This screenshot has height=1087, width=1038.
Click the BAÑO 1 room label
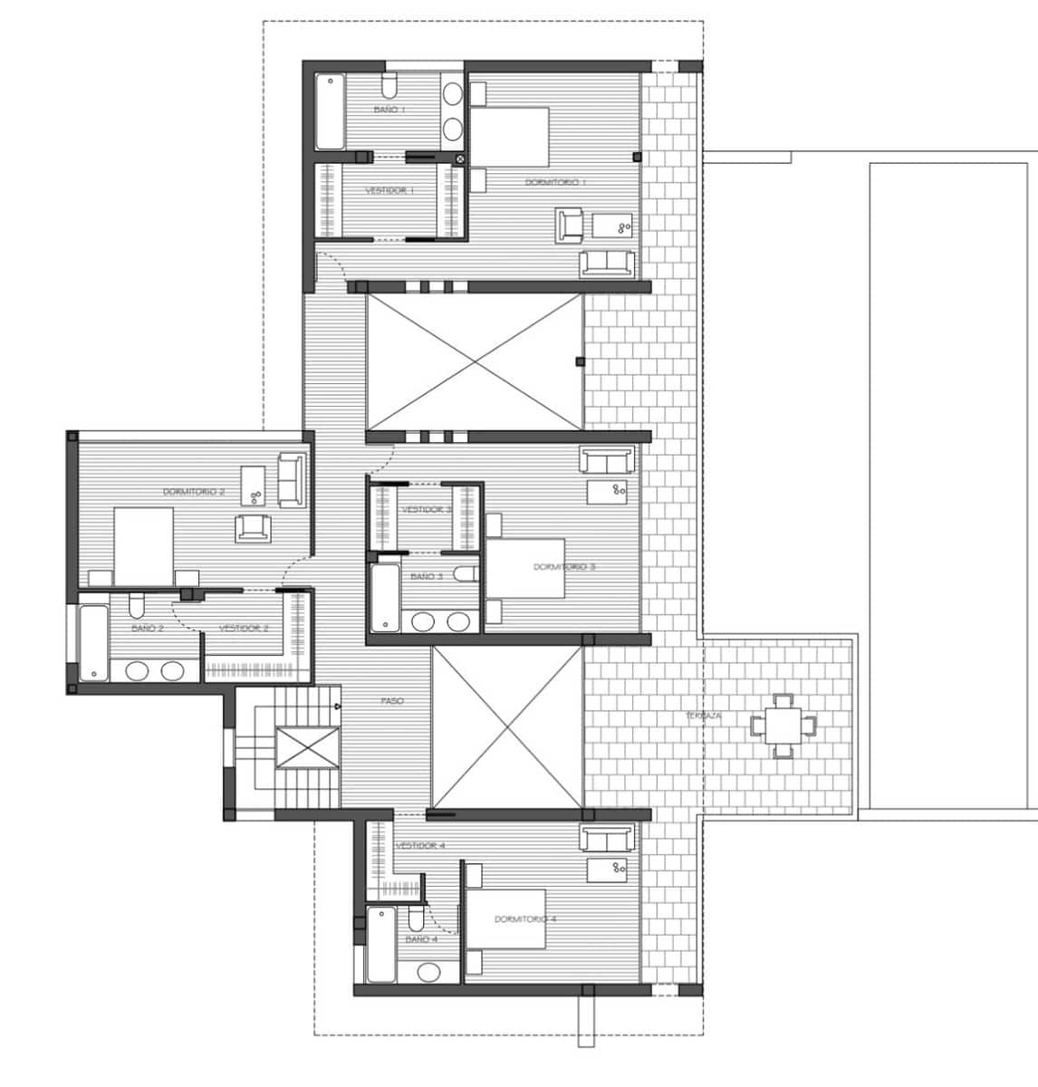[x=389, y=110]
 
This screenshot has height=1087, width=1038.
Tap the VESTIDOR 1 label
[x=389, y=191]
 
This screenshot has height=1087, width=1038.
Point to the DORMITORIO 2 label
[x=194, y=492]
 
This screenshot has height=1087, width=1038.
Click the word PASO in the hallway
[x=392, y=701]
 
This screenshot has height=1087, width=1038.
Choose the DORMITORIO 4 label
[x=525, y=919]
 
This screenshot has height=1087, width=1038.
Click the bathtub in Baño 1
[x=331, y=111]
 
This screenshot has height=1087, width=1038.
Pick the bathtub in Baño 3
[x=385, y=598]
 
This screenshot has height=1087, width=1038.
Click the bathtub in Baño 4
[x=381, y=945]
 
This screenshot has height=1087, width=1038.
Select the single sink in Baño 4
[x=428, y=972]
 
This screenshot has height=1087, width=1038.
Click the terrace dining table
[x=783, y=725]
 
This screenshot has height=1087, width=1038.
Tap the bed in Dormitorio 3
[x=528, y=568]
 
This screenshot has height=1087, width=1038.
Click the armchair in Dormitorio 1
[x=570, y=225]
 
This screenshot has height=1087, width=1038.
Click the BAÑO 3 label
[x=426, y=577]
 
